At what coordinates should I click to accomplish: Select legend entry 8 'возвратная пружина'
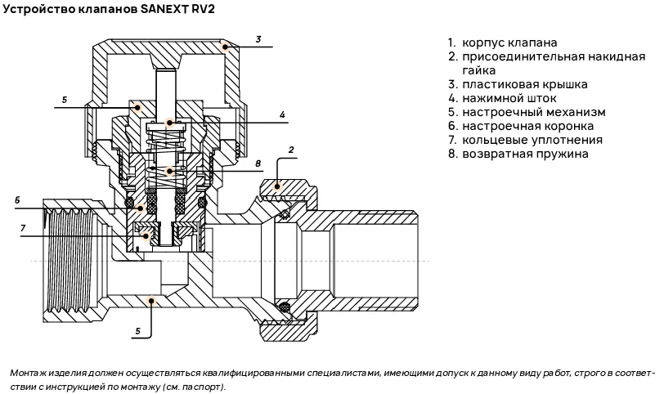pos(524,154)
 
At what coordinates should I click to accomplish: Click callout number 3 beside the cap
pos(258,38)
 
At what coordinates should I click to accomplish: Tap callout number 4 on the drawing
pos(281,114)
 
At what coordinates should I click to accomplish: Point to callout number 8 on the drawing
pos(257,163)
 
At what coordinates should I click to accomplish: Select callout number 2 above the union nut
pos(290,150)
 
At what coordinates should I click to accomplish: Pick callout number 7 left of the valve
pos(23,227)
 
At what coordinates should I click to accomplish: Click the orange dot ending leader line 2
pos(277,186)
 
